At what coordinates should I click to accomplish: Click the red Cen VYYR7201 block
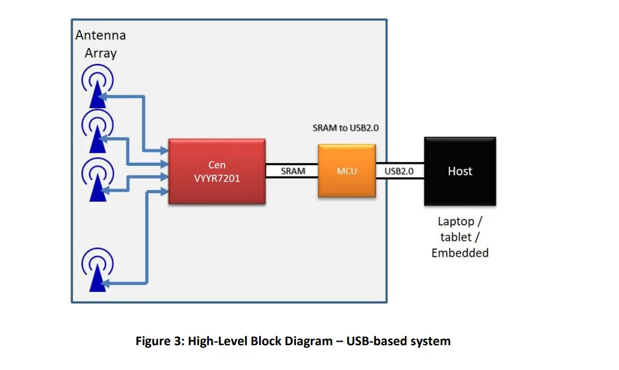(x=217, y=172)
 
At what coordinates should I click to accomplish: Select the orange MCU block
(x=346, y=171)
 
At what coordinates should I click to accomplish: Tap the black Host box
(x=460, y=171)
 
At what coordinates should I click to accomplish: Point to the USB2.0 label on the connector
(x=400, y=171)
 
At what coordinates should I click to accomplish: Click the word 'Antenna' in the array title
(x=100, y=36)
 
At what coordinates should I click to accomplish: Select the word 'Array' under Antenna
(x=100, y=53)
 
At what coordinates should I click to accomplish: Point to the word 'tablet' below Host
(x=456, y=237)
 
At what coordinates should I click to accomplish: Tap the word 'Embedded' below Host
(x=460, y=253)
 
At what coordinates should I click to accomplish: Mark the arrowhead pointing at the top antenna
(x=103, y=97)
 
